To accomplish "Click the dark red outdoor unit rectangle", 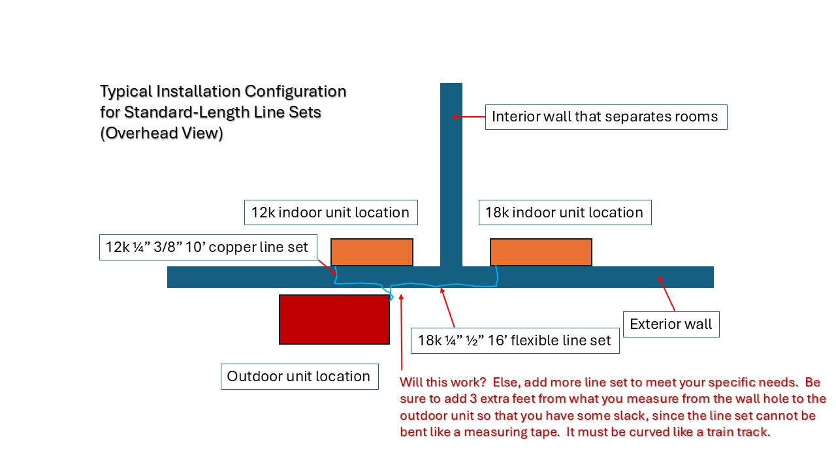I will pyautogui.click(x=334, y=319).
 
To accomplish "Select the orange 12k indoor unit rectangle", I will pyautogui.click(x=372, y=252).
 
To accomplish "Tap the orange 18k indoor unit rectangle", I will pyautogui.click(x=541, y=252).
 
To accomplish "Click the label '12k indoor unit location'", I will pyautogui.click(x=330, y=212).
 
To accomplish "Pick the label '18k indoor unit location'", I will pyautogui.click(x=564, y=212).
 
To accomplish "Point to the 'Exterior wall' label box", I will pyautogui.click(x=671, y=324).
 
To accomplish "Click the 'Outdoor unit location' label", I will pyautogui.click(x=299, y=377).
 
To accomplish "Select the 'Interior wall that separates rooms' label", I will pyautogui.click(x=605, y=117).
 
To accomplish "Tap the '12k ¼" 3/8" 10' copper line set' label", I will pyautogui.click(x=208, y=247).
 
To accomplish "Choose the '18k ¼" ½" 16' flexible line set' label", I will pyautogui.click(x=515, y=340).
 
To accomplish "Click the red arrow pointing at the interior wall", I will pyautogui.click(x=468, y=117).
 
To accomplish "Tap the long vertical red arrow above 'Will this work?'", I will pyautogui.click(x=402, y=333).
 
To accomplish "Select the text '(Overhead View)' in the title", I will pyautogui.click(x=161, y=133).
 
